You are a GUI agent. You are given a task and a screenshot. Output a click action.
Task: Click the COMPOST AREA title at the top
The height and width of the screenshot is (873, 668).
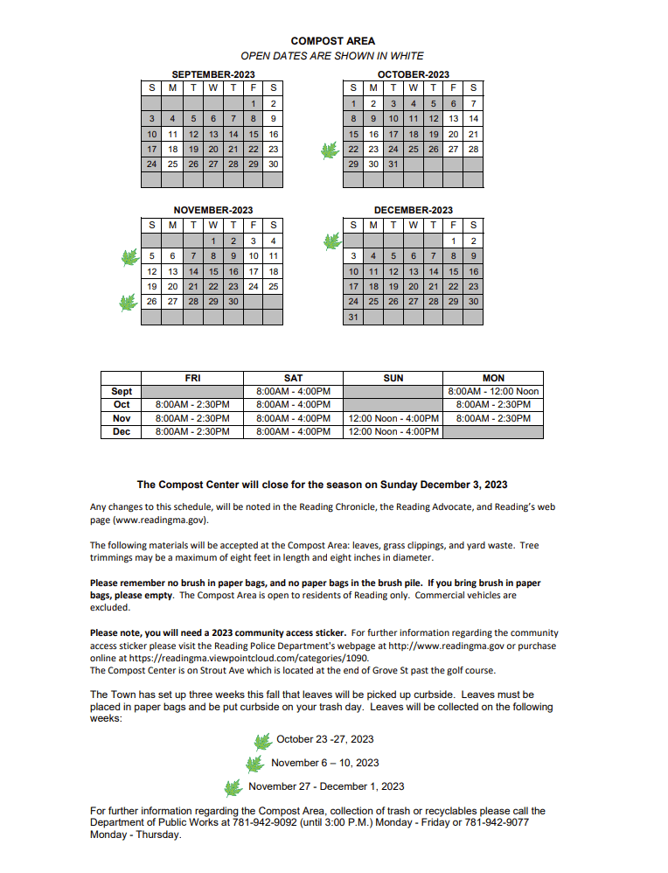pyautogui.click(x=332, y=40)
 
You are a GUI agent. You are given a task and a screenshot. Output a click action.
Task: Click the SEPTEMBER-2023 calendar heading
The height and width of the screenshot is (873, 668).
pyautogui.click(x=213, y=74)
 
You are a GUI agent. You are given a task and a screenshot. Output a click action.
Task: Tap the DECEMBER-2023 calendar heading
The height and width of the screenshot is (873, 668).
pyautogui.click(x=414, y=210)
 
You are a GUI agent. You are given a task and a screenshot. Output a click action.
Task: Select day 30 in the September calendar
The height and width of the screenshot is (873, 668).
pyautogui.click(x=274, y=164)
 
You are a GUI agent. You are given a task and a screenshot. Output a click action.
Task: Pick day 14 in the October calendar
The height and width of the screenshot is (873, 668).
pyautogui.click(x=473, y=119)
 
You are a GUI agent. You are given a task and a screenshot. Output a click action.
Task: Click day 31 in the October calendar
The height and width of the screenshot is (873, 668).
pyautogui.click(x=393, y=164)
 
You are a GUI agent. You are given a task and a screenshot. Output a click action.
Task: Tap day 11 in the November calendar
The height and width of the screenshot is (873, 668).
pyautogui.click(x=274, y=256)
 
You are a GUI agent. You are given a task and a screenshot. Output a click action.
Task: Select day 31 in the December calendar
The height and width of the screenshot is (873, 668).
pyautogui.click(x=353, y=317)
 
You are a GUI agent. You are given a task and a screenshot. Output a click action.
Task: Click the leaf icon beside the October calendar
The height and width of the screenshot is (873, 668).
pyautogui.click(x=330, y=150)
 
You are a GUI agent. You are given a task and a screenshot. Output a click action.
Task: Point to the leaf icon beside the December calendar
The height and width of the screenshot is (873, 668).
pyautogui.click(x=331, y=241)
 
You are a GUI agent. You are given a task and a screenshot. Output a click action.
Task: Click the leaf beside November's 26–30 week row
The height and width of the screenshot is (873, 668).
pyautogui.click(x=129, y=303)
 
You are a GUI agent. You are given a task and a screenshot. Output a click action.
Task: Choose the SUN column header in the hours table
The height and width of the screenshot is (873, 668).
pyautogui.click(x=393, y=378)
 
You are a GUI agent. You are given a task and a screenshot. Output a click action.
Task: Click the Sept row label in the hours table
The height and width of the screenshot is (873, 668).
pyautogui.click(x=122, y=391)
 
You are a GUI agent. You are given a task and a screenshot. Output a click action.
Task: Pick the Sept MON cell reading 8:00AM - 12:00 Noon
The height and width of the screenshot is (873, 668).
pyautogui.click(x=493, y=391)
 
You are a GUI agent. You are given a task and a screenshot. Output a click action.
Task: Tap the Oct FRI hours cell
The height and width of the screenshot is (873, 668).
pyautogui.click(x=192, y=405)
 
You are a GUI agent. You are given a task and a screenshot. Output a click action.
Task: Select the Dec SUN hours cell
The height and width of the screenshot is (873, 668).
pyautogui.click(x=393, y=431)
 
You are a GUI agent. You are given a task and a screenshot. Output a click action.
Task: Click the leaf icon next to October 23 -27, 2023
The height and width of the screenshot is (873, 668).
pyautogui.click(x=262, y=742)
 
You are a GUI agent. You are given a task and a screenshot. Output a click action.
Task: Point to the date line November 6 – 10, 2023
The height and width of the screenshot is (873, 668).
pyautogui.click(x=325, y=763)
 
